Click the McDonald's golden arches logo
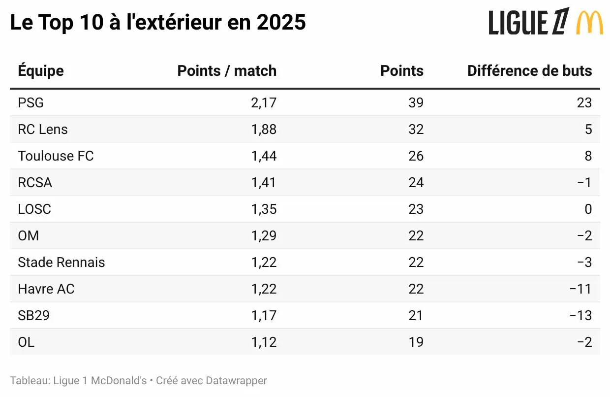pos(589,23)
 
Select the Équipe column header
pos(41,71)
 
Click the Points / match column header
pos(227,71)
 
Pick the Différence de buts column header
pos(529,71)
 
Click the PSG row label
pos(30,103)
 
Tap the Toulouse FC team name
pos(56,156)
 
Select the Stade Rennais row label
pos(61,263)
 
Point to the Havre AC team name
pos(46,289)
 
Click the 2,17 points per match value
pos(264,103)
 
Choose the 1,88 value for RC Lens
pos(264,130)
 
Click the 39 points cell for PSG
pos(416,103)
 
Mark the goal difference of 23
pos(584,103)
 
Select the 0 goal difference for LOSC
pos(588,209)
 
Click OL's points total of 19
pos(416,342)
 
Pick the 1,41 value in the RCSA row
pos(264,183)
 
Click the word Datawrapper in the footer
pos(236,381)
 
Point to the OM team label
pos(28,236)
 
